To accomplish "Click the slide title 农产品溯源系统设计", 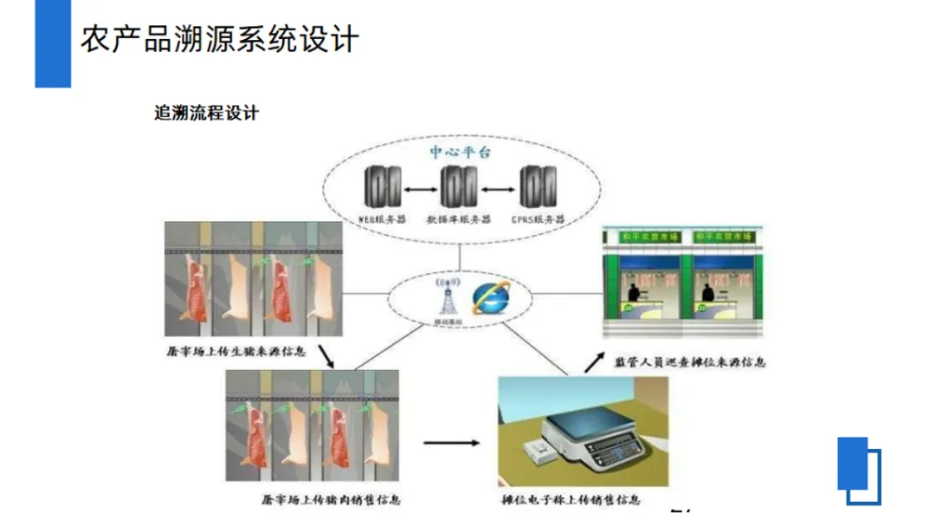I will [x=220, y=39].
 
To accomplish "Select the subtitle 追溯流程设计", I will [x=206, y=114].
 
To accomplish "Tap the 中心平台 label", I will [x=460, y=152].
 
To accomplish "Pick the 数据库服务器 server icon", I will [x=458, y=187].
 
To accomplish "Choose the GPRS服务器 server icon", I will [x=537, y=187].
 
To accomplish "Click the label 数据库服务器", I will [x=458, y=219].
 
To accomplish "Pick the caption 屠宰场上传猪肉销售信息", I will [x=331, y=499].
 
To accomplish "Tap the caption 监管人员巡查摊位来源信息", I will [x=689, y=361].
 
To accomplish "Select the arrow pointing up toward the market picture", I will [x=595, y=360].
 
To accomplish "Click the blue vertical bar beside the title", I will [x=53, y=43].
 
